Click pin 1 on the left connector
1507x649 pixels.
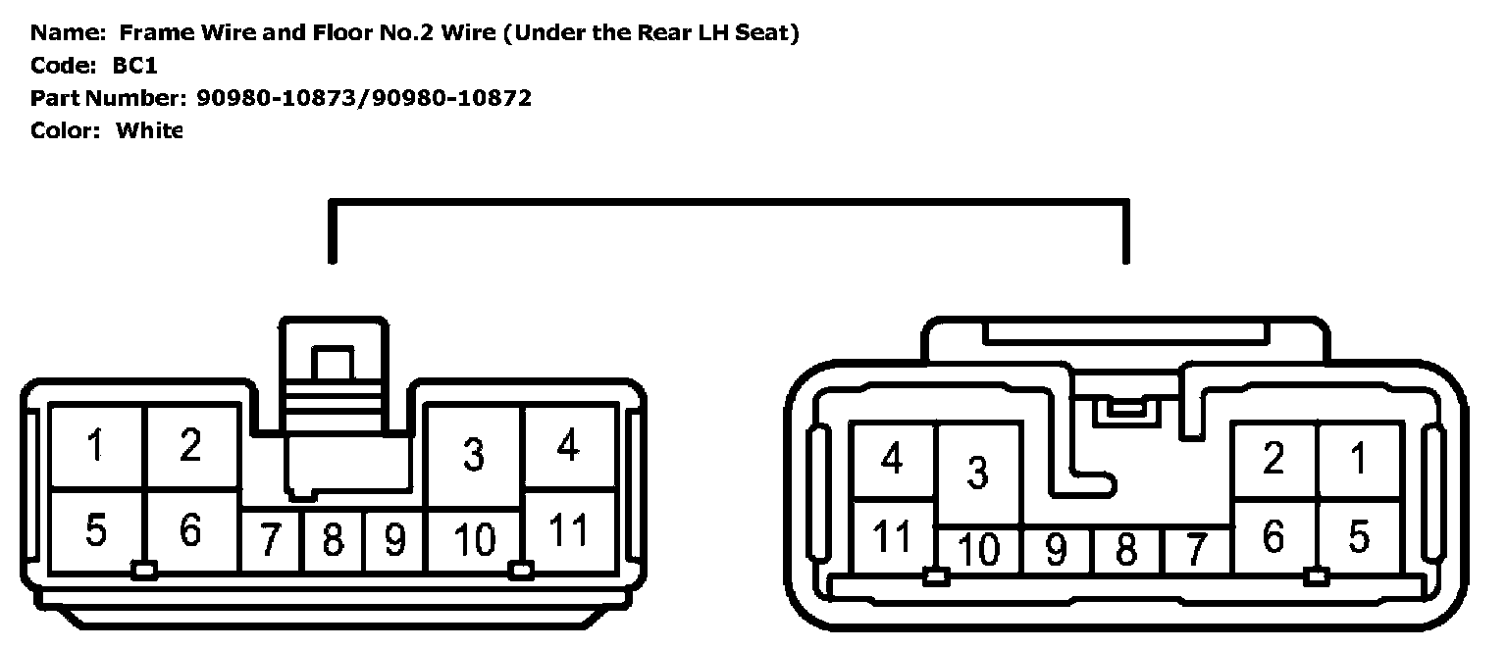pos(95,446)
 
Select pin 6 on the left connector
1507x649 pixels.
pos(190,530)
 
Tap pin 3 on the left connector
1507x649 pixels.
pos(474,455)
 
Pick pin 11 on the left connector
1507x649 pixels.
pos(568,530)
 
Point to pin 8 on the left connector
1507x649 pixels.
pos(333,540)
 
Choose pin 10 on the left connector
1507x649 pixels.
pos(475,540)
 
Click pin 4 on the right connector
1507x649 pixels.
pos(892,459)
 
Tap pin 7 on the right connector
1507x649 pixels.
pos(1195,550)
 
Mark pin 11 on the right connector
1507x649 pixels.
pos(892,537)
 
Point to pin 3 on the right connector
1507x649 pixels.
pos(977,473)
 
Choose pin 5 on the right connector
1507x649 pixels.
pos(1359,537)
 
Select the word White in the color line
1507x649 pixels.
pos(149,130)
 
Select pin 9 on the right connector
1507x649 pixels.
pos(1056,550)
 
